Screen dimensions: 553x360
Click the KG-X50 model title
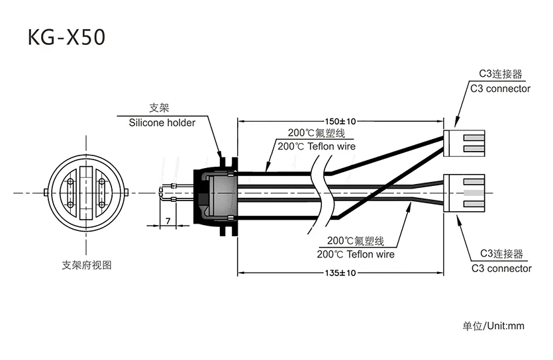pyautogui.click(x=66, y=37)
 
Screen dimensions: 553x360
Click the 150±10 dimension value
pyautogui.click(x=340, y=122)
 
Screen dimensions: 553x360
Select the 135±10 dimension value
pyautogui.click(x=340, y=273)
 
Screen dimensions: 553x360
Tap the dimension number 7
pyautogui.click(x=168, y=221)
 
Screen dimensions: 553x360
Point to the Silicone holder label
pyautogui.click(x=162, y=122)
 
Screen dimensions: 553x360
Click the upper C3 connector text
pyautogui.click(x=500, y=89)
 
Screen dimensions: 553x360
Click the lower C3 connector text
pyautogui.click(x=501, y=269)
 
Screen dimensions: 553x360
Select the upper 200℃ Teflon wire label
pyautogui.click(x=317, y=146)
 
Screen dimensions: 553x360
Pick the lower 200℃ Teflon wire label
pyautogui.click(x=356, y=254)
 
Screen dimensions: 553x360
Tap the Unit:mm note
pyautogui.click(x=506, y=326)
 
